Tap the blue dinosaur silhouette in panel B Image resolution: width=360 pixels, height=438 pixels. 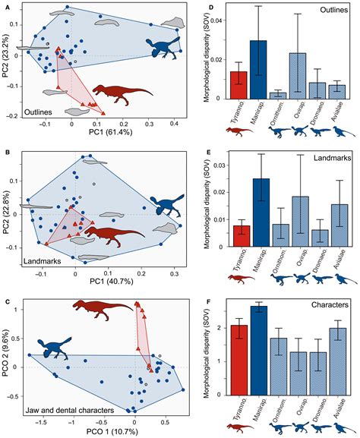[x=166, y=201]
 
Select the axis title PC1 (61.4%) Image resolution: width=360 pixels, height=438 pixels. [x=97, y=135]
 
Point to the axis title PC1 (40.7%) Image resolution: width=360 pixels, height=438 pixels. [x=96, y=282]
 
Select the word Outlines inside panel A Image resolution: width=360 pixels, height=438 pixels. [x=36, y=112]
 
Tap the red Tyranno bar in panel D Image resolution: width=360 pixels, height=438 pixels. [x=238, y=85]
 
